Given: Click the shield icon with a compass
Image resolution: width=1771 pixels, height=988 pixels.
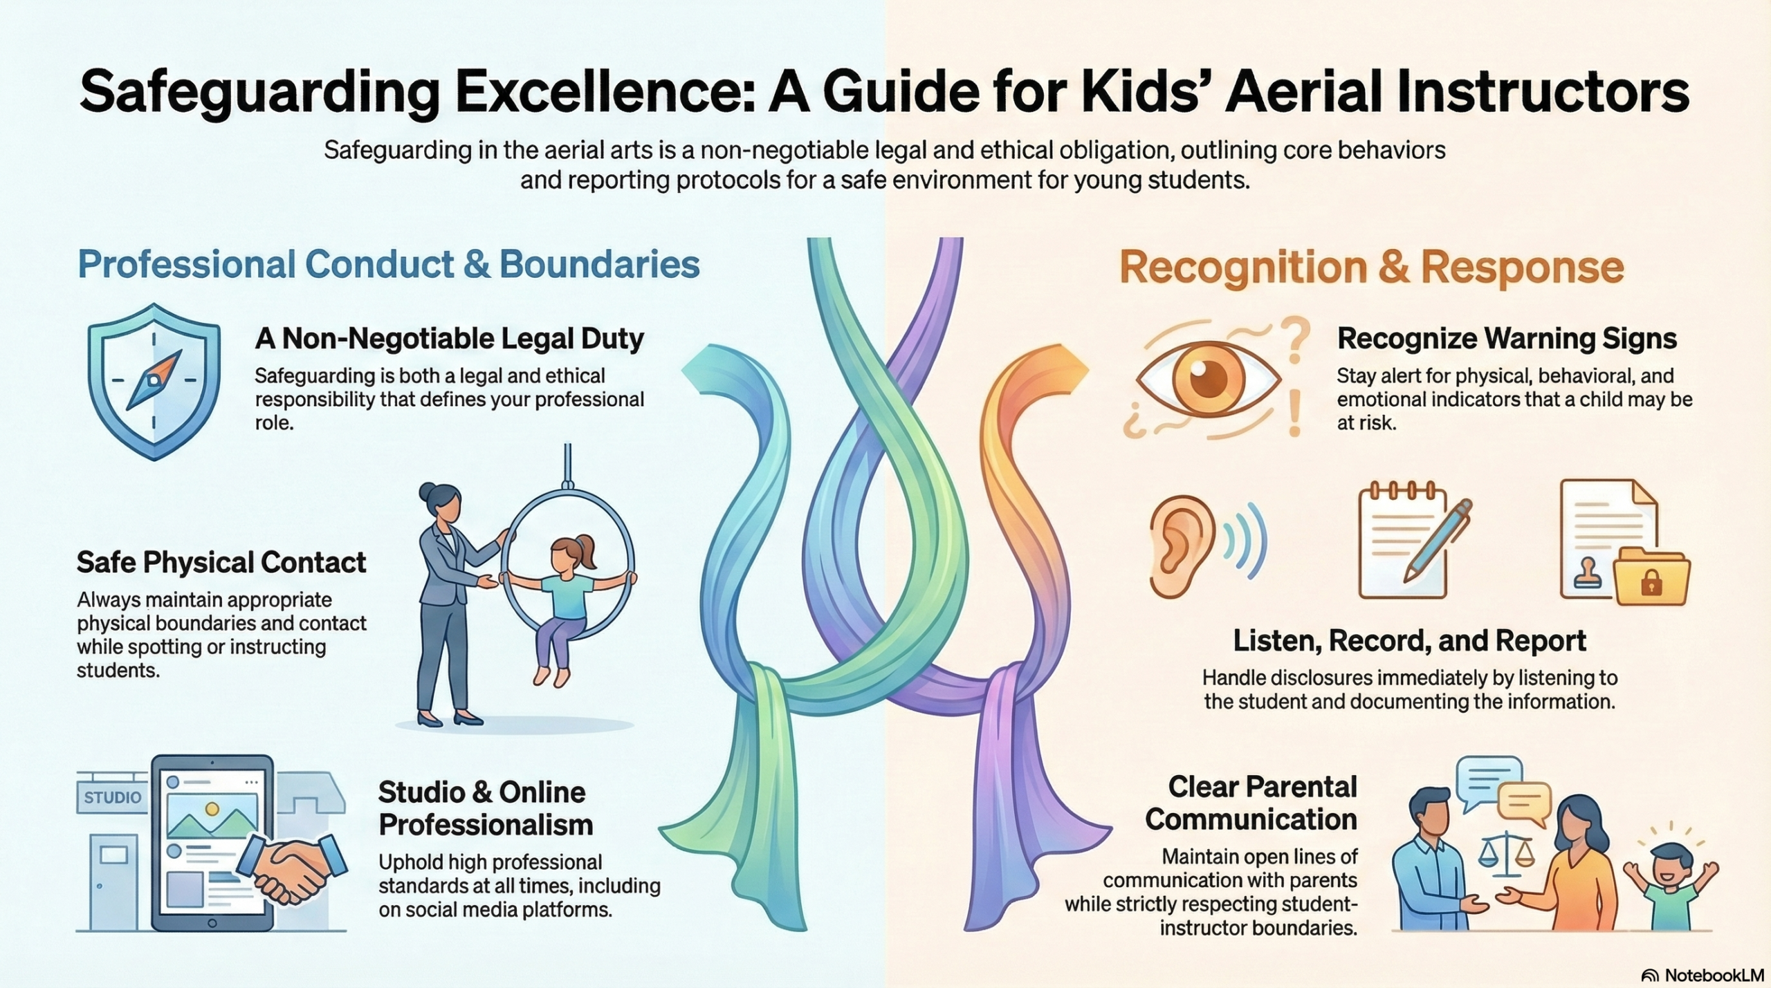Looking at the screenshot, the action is click(154, 382).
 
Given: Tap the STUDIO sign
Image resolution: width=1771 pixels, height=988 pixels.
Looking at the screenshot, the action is click(112, 797).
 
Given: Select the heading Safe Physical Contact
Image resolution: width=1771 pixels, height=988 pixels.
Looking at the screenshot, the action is click(221, 562).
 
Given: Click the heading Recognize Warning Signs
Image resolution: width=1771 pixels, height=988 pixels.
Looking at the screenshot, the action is click(1507, 339).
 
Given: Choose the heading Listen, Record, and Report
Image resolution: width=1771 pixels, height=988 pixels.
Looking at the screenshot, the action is click(1410, 641).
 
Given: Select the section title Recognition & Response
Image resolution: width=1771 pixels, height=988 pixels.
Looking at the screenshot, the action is click(1372, 268).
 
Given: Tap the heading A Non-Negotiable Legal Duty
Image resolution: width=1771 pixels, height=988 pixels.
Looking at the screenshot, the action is click(450, 339).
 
